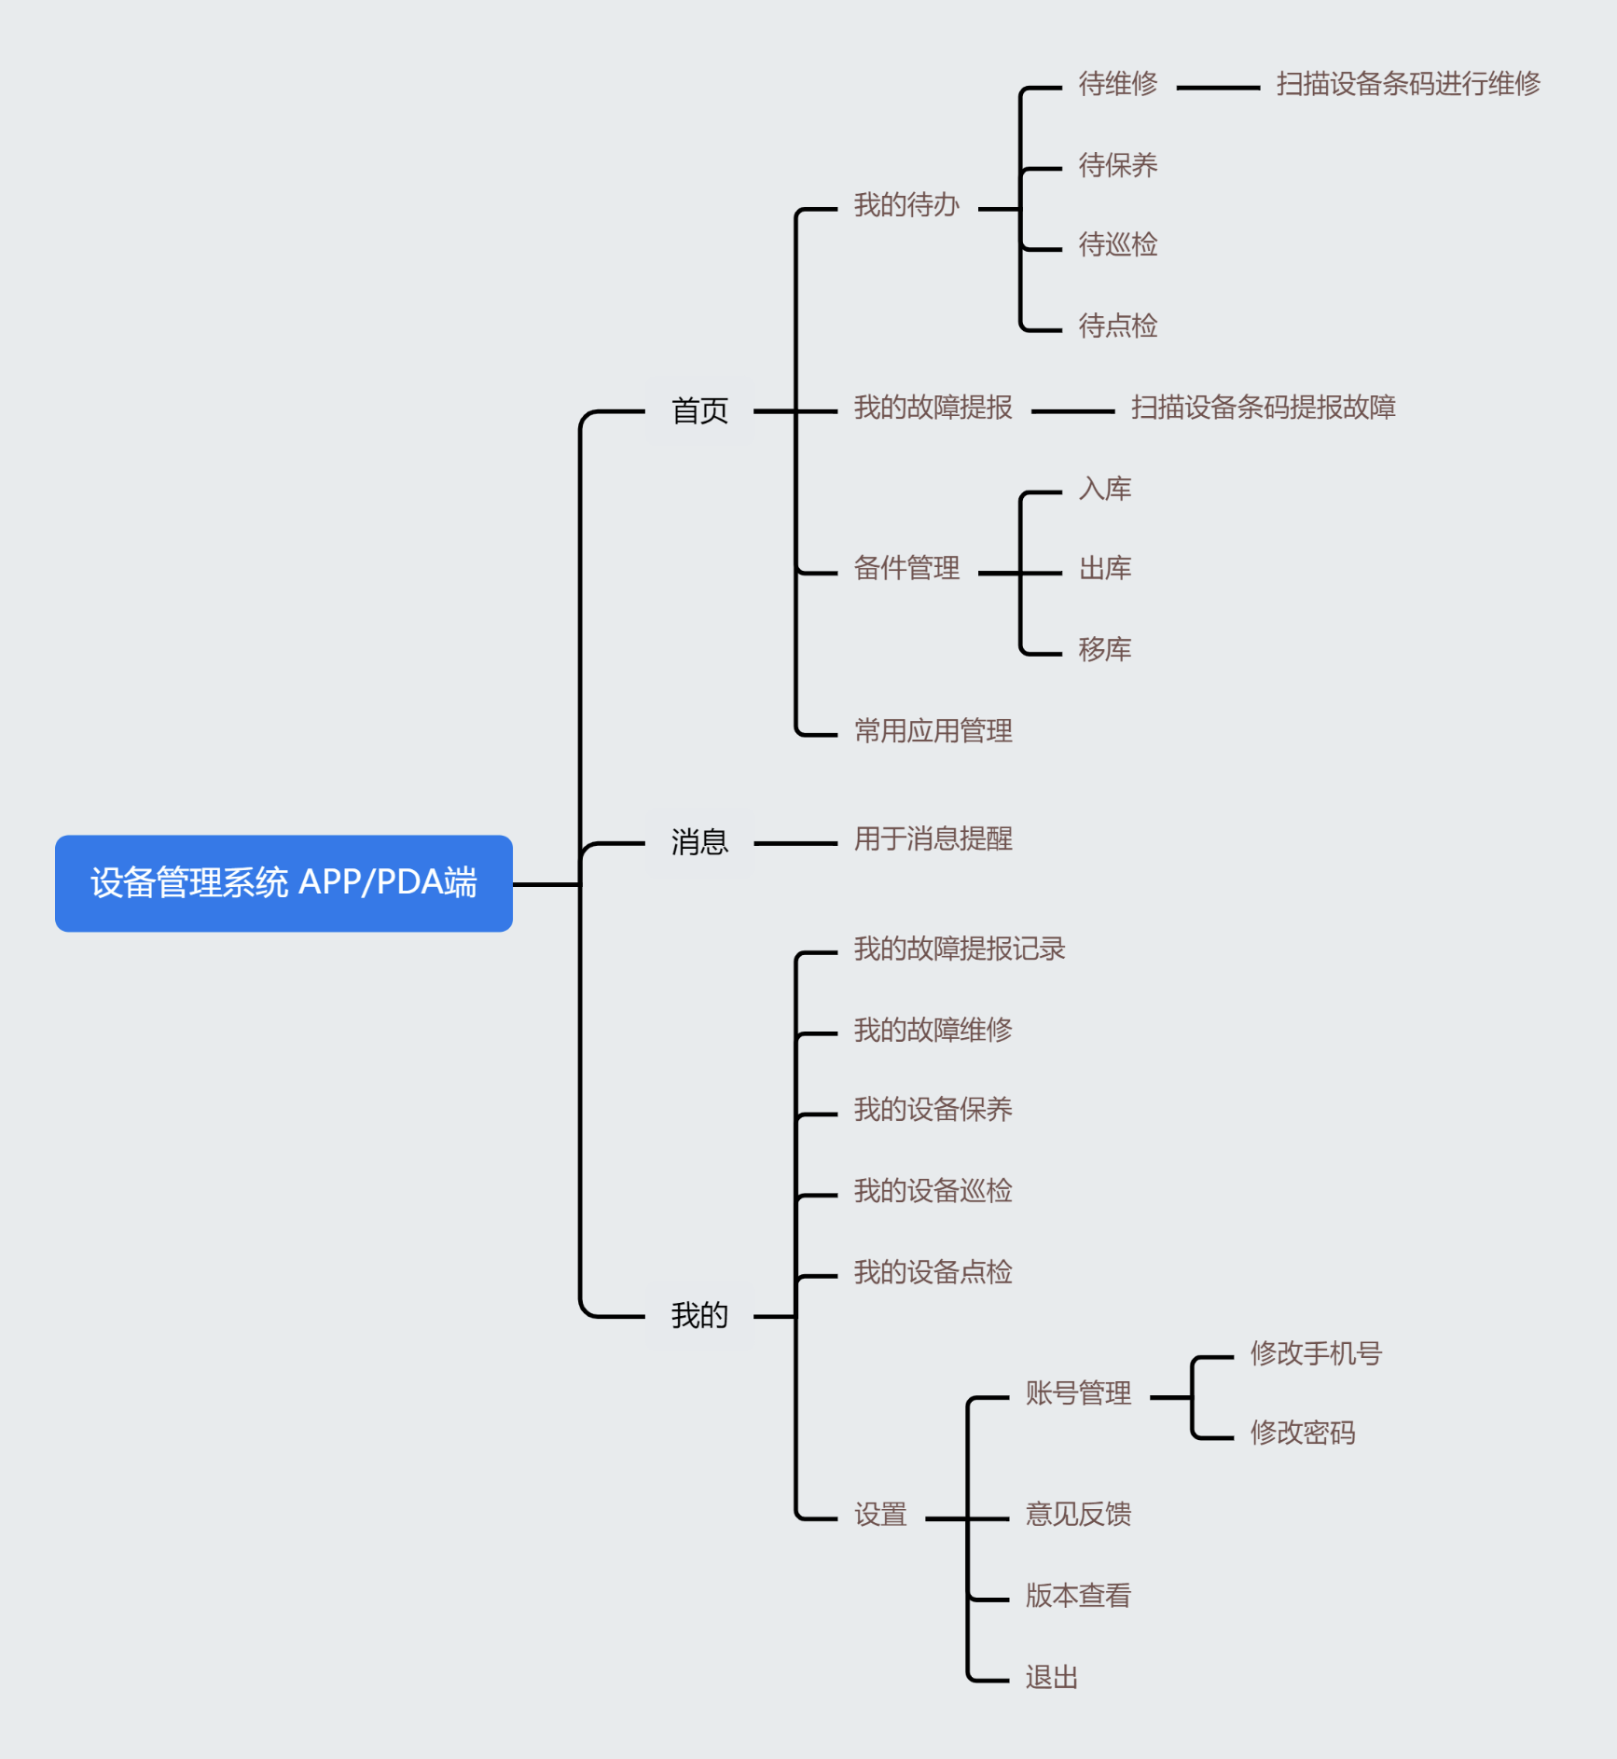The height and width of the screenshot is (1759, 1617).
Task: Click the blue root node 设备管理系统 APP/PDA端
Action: pos(283,882)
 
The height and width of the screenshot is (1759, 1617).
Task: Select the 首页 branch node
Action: pos(699,410)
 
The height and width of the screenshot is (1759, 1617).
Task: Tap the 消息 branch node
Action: pos(699,842)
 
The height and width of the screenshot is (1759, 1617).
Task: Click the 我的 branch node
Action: pos(699,1315)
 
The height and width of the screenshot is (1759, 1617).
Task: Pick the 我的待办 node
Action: pos(906,205)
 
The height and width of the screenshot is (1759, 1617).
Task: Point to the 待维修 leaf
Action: pos(1117,84)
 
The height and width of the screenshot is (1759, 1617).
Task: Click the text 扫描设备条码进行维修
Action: pos(1408,84)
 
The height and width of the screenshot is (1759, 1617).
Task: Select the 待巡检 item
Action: pos(1117,245)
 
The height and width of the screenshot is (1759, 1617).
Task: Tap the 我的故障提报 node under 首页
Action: pos(933,408)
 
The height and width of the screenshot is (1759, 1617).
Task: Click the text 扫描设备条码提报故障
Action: pos(1263,408)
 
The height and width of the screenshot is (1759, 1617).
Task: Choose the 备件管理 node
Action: pos(906,568)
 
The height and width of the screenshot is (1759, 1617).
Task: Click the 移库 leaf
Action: pos(1104,649)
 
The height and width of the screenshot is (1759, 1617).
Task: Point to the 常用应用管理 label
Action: pos(933,730)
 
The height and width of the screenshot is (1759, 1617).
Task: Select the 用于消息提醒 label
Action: pos(933,838)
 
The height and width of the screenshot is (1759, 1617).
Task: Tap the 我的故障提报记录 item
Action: pos(959,949)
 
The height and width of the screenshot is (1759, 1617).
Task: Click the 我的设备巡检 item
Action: pos(933,1191)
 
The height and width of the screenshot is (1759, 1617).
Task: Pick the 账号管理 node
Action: pos(1078,1393)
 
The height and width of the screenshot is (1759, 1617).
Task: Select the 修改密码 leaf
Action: pos(1302,1433)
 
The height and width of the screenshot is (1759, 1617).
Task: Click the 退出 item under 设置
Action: pos(1051,1677)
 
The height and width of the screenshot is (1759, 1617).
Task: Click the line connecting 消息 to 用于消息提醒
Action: pos(795,843)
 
